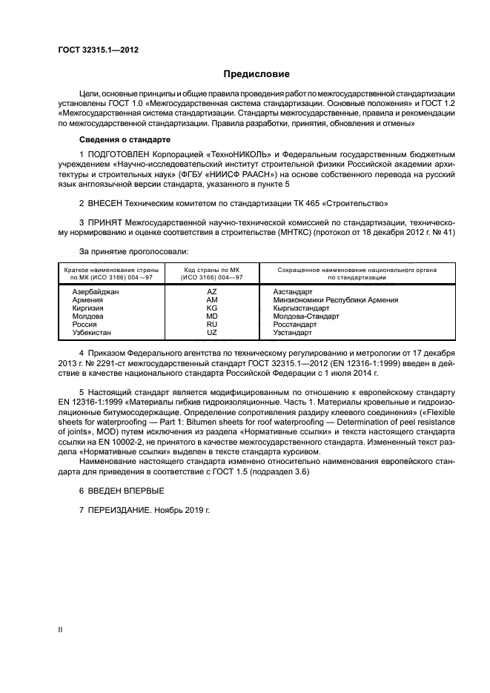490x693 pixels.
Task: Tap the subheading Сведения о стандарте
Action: [125, 139]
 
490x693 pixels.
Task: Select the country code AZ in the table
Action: [211, 292]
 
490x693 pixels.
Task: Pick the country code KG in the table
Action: [211, 308]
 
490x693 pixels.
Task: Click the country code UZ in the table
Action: [211, 333]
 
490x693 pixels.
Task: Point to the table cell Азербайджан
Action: [96, 292]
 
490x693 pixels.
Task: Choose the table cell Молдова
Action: [87, 316]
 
